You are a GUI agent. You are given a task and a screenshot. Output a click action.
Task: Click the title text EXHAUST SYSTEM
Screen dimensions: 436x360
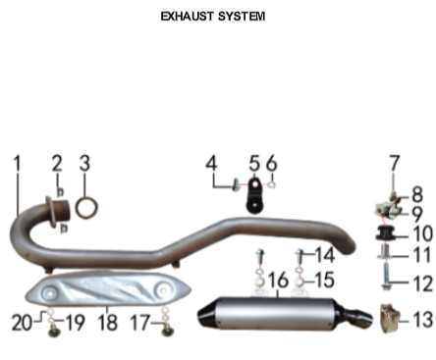pyautogui.click(x=213, y=16)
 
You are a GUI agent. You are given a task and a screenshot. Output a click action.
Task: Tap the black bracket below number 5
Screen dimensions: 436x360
pyautogui.click(x=254, y=195)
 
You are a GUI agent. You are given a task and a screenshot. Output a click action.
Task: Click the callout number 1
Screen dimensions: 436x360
pyautogui.click(x=17, y=163)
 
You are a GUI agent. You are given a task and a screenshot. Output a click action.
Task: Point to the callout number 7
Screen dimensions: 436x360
pyautogui.click(x=394, y=163)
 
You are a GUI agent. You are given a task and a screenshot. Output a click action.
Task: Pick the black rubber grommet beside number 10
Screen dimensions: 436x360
pyautogui.click(x=385, y=233)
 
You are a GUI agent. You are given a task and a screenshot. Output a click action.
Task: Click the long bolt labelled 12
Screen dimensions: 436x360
pyautogui.click(x=386, y=278)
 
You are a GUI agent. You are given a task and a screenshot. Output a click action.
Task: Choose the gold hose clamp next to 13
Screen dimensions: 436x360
pyautogui.click(x=390, y=318)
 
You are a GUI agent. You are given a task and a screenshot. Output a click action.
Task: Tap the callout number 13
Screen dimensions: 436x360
pyautogui.click(x=423, y=320)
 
